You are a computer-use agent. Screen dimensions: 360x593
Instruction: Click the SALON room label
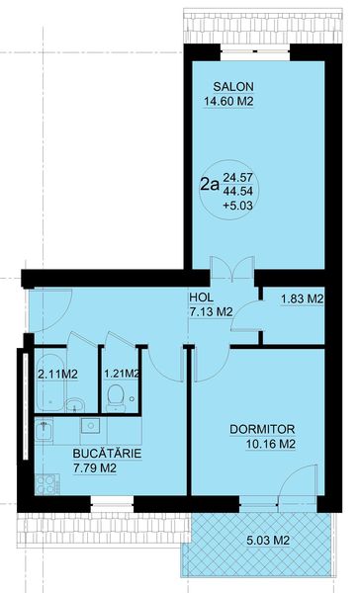[233, 87]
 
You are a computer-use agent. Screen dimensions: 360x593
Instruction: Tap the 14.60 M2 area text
[228, 102]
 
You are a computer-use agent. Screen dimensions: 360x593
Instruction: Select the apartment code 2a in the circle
[210, 185]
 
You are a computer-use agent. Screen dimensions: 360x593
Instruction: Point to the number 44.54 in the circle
[237, 191]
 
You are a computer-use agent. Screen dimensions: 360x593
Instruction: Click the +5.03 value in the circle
[237, 206]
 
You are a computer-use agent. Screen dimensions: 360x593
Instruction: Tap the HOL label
[201, 297]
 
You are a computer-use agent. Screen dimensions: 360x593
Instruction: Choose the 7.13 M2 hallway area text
[210, 311]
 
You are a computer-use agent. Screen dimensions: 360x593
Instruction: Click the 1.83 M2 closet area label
[302, 299]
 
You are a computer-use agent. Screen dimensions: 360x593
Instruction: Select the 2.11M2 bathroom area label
[58, 375]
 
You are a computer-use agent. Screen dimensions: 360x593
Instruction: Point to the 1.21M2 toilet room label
[122, 374]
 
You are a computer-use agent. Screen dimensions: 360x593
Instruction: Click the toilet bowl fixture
[116, 398]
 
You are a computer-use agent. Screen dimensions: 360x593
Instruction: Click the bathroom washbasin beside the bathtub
[75, 405]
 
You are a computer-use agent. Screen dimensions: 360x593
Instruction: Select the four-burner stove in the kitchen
[46, 484]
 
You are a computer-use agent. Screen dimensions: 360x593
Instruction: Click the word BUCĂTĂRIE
[107, 454]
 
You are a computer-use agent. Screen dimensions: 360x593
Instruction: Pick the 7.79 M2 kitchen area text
[95, 468]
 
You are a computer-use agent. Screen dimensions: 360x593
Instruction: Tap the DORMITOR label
[262, 430]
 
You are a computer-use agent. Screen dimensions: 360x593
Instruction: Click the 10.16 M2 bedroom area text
[271, 444]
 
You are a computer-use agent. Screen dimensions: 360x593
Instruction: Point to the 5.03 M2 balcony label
[268, 541]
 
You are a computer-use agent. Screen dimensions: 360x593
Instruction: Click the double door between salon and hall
[232, 269]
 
